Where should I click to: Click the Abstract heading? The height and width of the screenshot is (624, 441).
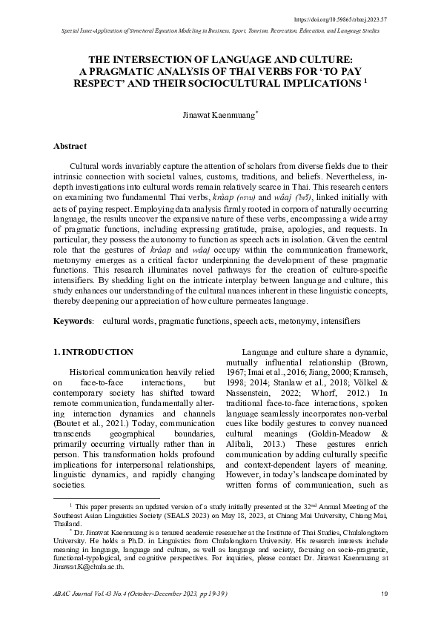70,147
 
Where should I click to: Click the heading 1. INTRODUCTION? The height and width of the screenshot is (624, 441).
94,352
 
